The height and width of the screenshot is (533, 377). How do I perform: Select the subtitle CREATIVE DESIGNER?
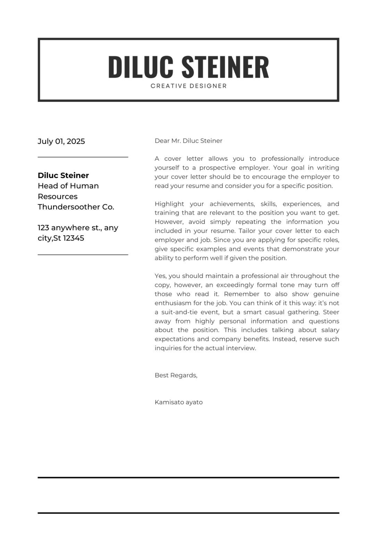click(x=188, y=86)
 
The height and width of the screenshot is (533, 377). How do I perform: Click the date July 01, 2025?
click(x=61, y=141)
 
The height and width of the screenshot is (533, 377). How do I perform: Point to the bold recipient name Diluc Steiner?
click(x=63, y=175)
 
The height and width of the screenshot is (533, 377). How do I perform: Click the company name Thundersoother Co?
click(x=76, y=207)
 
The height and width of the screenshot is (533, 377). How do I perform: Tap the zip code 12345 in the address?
click(x=74, y=238)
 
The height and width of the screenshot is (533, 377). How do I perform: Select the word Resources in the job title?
click(x=58, y=196)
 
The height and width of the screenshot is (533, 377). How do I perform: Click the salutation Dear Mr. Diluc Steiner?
click(x=188, y=141)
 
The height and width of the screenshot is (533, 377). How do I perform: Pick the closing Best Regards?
click(x=176, y=375)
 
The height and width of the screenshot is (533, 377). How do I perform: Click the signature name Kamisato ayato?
click(x=178, y=402)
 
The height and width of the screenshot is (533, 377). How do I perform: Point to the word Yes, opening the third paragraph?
click(x=161, y=276)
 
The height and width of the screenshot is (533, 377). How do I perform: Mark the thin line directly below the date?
click(x=83, y=157)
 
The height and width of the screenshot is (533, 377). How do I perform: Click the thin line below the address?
click(x=83, y=255)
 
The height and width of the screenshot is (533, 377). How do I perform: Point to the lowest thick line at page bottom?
click(x=188, y=513)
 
